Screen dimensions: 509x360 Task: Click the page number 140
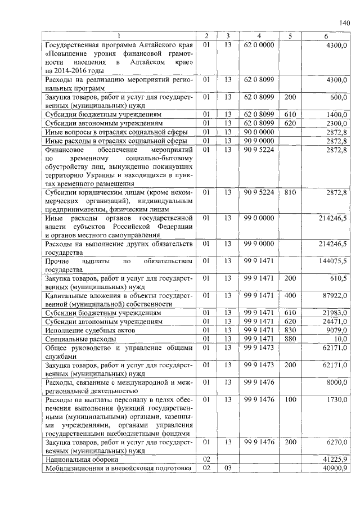344,23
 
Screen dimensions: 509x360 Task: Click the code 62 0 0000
259,44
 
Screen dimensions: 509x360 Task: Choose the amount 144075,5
331,261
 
